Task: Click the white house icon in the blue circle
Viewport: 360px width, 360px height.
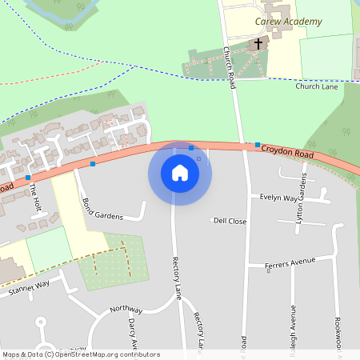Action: (180, 173)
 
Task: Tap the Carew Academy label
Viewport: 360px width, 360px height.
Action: (289, 21)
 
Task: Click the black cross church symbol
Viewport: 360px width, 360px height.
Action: (258, 45)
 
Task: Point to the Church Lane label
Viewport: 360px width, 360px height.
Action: (317, 86)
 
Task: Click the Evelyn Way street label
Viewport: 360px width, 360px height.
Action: (278, 197)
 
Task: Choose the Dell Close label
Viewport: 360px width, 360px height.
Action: (230, 221)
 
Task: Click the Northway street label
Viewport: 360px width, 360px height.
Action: (126, 310)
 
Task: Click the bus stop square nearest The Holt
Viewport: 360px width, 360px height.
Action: (28, 177)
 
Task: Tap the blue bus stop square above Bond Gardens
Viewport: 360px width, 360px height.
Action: (93, 164)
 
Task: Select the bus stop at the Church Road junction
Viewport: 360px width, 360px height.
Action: (258, 145)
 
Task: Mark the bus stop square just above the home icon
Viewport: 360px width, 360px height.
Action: (190, 148)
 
